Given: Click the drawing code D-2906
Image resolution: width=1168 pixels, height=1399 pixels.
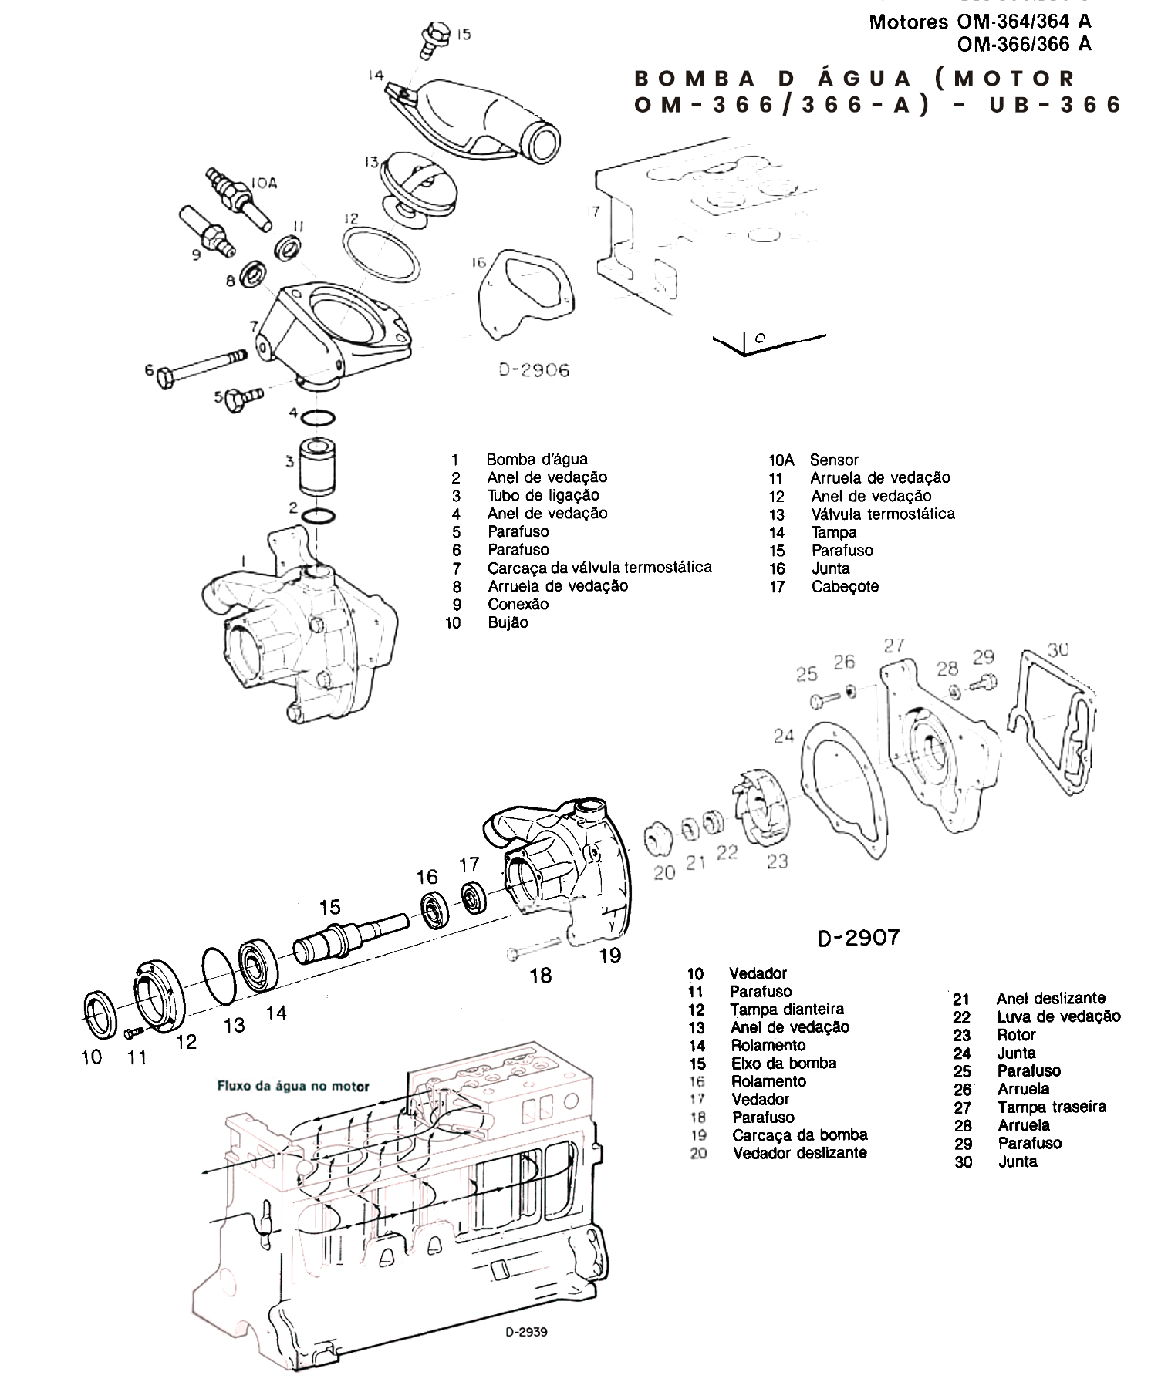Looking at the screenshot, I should tap(533, 370).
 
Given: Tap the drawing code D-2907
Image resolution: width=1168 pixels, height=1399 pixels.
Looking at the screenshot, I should tap(858, 937).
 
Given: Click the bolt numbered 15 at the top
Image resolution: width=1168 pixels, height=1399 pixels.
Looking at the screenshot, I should tap(428, 39).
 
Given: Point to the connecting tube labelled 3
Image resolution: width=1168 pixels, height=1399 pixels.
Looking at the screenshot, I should tap(316, 467).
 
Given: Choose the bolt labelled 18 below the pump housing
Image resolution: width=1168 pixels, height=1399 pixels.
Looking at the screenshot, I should tap(532, 948).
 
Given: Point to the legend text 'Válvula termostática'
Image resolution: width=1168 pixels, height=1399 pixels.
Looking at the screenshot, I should tap(883, 514).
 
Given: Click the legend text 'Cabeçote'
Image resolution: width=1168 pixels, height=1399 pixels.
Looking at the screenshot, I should tap(845, 586).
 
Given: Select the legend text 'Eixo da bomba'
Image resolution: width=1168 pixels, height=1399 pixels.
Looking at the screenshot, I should tap(784, 1063).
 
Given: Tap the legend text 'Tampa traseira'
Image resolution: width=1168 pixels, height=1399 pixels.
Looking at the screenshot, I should tap(1052, 1107).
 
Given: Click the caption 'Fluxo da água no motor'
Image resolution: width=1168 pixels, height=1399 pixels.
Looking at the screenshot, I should tap(293, 1087).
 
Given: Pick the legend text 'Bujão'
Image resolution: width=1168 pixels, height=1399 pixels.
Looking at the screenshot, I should tap(508, 622).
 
